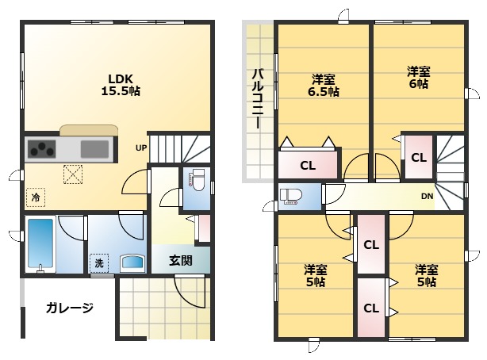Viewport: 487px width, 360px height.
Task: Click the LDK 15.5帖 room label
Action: click(121, 84)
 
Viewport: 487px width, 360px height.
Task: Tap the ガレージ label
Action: click(70, 308)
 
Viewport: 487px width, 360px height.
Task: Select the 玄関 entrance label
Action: click(181, 261)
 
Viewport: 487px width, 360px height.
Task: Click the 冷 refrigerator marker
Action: click(36, 197)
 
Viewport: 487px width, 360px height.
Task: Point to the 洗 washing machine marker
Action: click(99, 263)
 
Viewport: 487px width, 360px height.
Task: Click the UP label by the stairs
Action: click(141, 147)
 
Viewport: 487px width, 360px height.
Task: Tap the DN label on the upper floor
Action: click(427, 197)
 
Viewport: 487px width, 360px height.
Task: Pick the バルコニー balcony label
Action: click(258, 99)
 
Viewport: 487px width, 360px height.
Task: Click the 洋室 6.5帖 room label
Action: click(324, 86)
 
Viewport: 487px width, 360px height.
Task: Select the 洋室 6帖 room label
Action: click(419, 78)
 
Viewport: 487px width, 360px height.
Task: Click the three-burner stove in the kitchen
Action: click(42, 149)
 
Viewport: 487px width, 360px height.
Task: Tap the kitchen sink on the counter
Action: click(94, 149)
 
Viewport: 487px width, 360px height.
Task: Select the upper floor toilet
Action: click(290, 197)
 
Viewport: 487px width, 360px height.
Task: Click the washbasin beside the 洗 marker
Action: click(132, 263)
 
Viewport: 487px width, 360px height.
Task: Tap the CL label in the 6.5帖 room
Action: click(308, 166)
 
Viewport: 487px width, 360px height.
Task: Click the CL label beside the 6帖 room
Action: click(419, 158)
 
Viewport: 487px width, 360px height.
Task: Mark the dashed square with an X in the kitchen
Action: click(73, 174)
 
